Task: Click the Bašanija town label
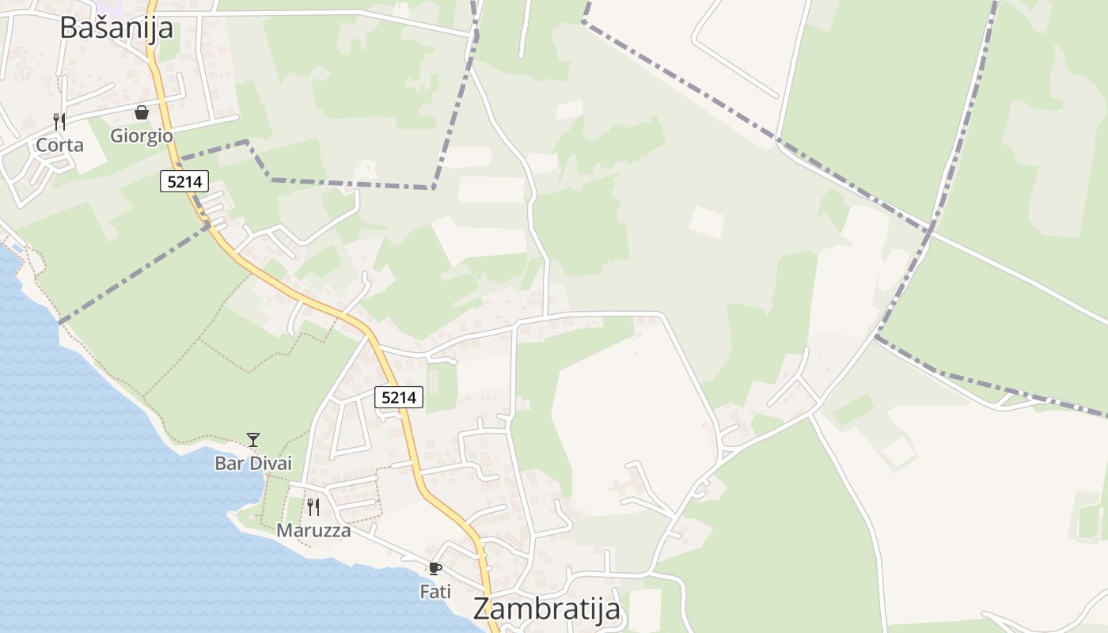[x=116, y=28]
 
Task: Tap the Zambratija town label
[x=546, y=609]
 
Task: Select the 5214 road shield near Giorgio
[x=184, y=182]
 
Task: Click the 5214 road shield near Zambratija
[x=399, y=397]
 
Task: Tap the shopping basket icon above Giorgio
[x=142, y=113]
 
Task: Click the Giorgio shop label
[x=142, y=135]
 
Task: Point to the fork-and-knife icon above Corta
[x=59, y=121]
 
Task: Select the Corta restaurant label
[x=59, y=145]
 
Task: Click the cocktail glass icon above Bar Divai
[x=253, y=439]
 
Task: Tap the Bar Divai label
[x=253, y=463]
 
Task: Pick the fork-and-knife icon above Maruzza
[x=313, y=506]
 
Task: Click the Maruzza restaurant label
[x=313, y=530]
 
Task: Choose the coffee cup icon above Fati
[x=434, y=567]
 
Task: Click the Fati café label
[x=435, y=591]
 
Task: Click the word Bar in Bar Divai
[x=228, y=463]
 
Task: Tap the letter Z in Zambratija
[x=483, y=609]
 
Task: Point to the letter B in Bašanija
[x=70, y=28]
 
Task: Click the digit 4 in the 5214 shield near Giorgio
[x=198, y=182]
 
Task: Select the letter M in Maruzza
[x=285, y=530]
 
